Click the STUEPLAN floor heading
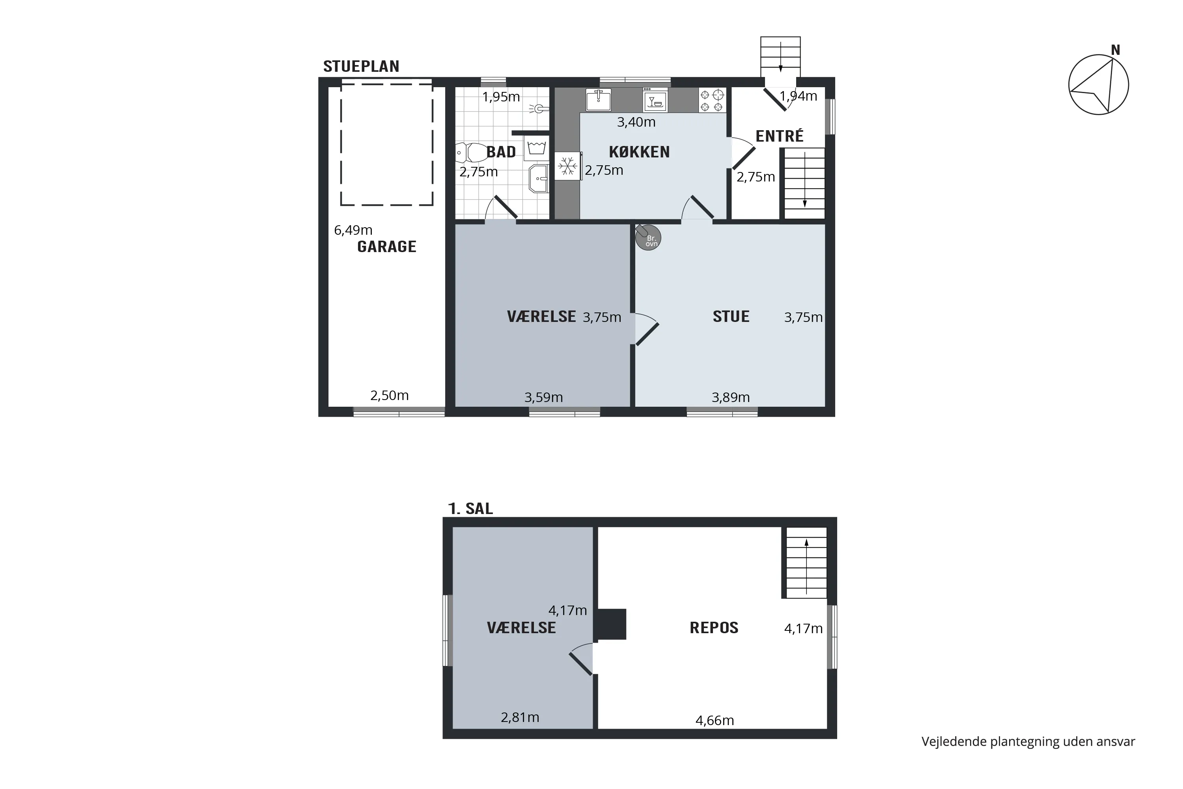tap(361, 66)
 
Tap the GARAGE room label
tap(387, 247)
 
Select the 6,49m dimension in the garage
tap(353, 230)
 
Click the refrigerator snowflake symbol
tap(568, 166)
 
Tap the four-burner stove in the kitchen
tap(712, 100)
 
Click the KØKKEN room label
tap(639, 152)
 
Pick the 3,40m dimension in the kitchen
tap(636, 122)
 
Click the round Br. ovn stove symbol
tap(648, 237)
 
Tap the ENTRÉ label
tap(780, 136)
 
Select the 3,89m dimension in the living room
tap(731, 398)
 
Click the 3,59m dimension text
tap(544, 398)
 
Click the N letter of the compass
tap(1116, 50)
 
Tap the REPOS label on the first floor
tap(714, 628)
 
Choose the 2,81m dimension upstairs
tap(520, 718)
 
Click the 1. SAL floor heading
tap(470, 509)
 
